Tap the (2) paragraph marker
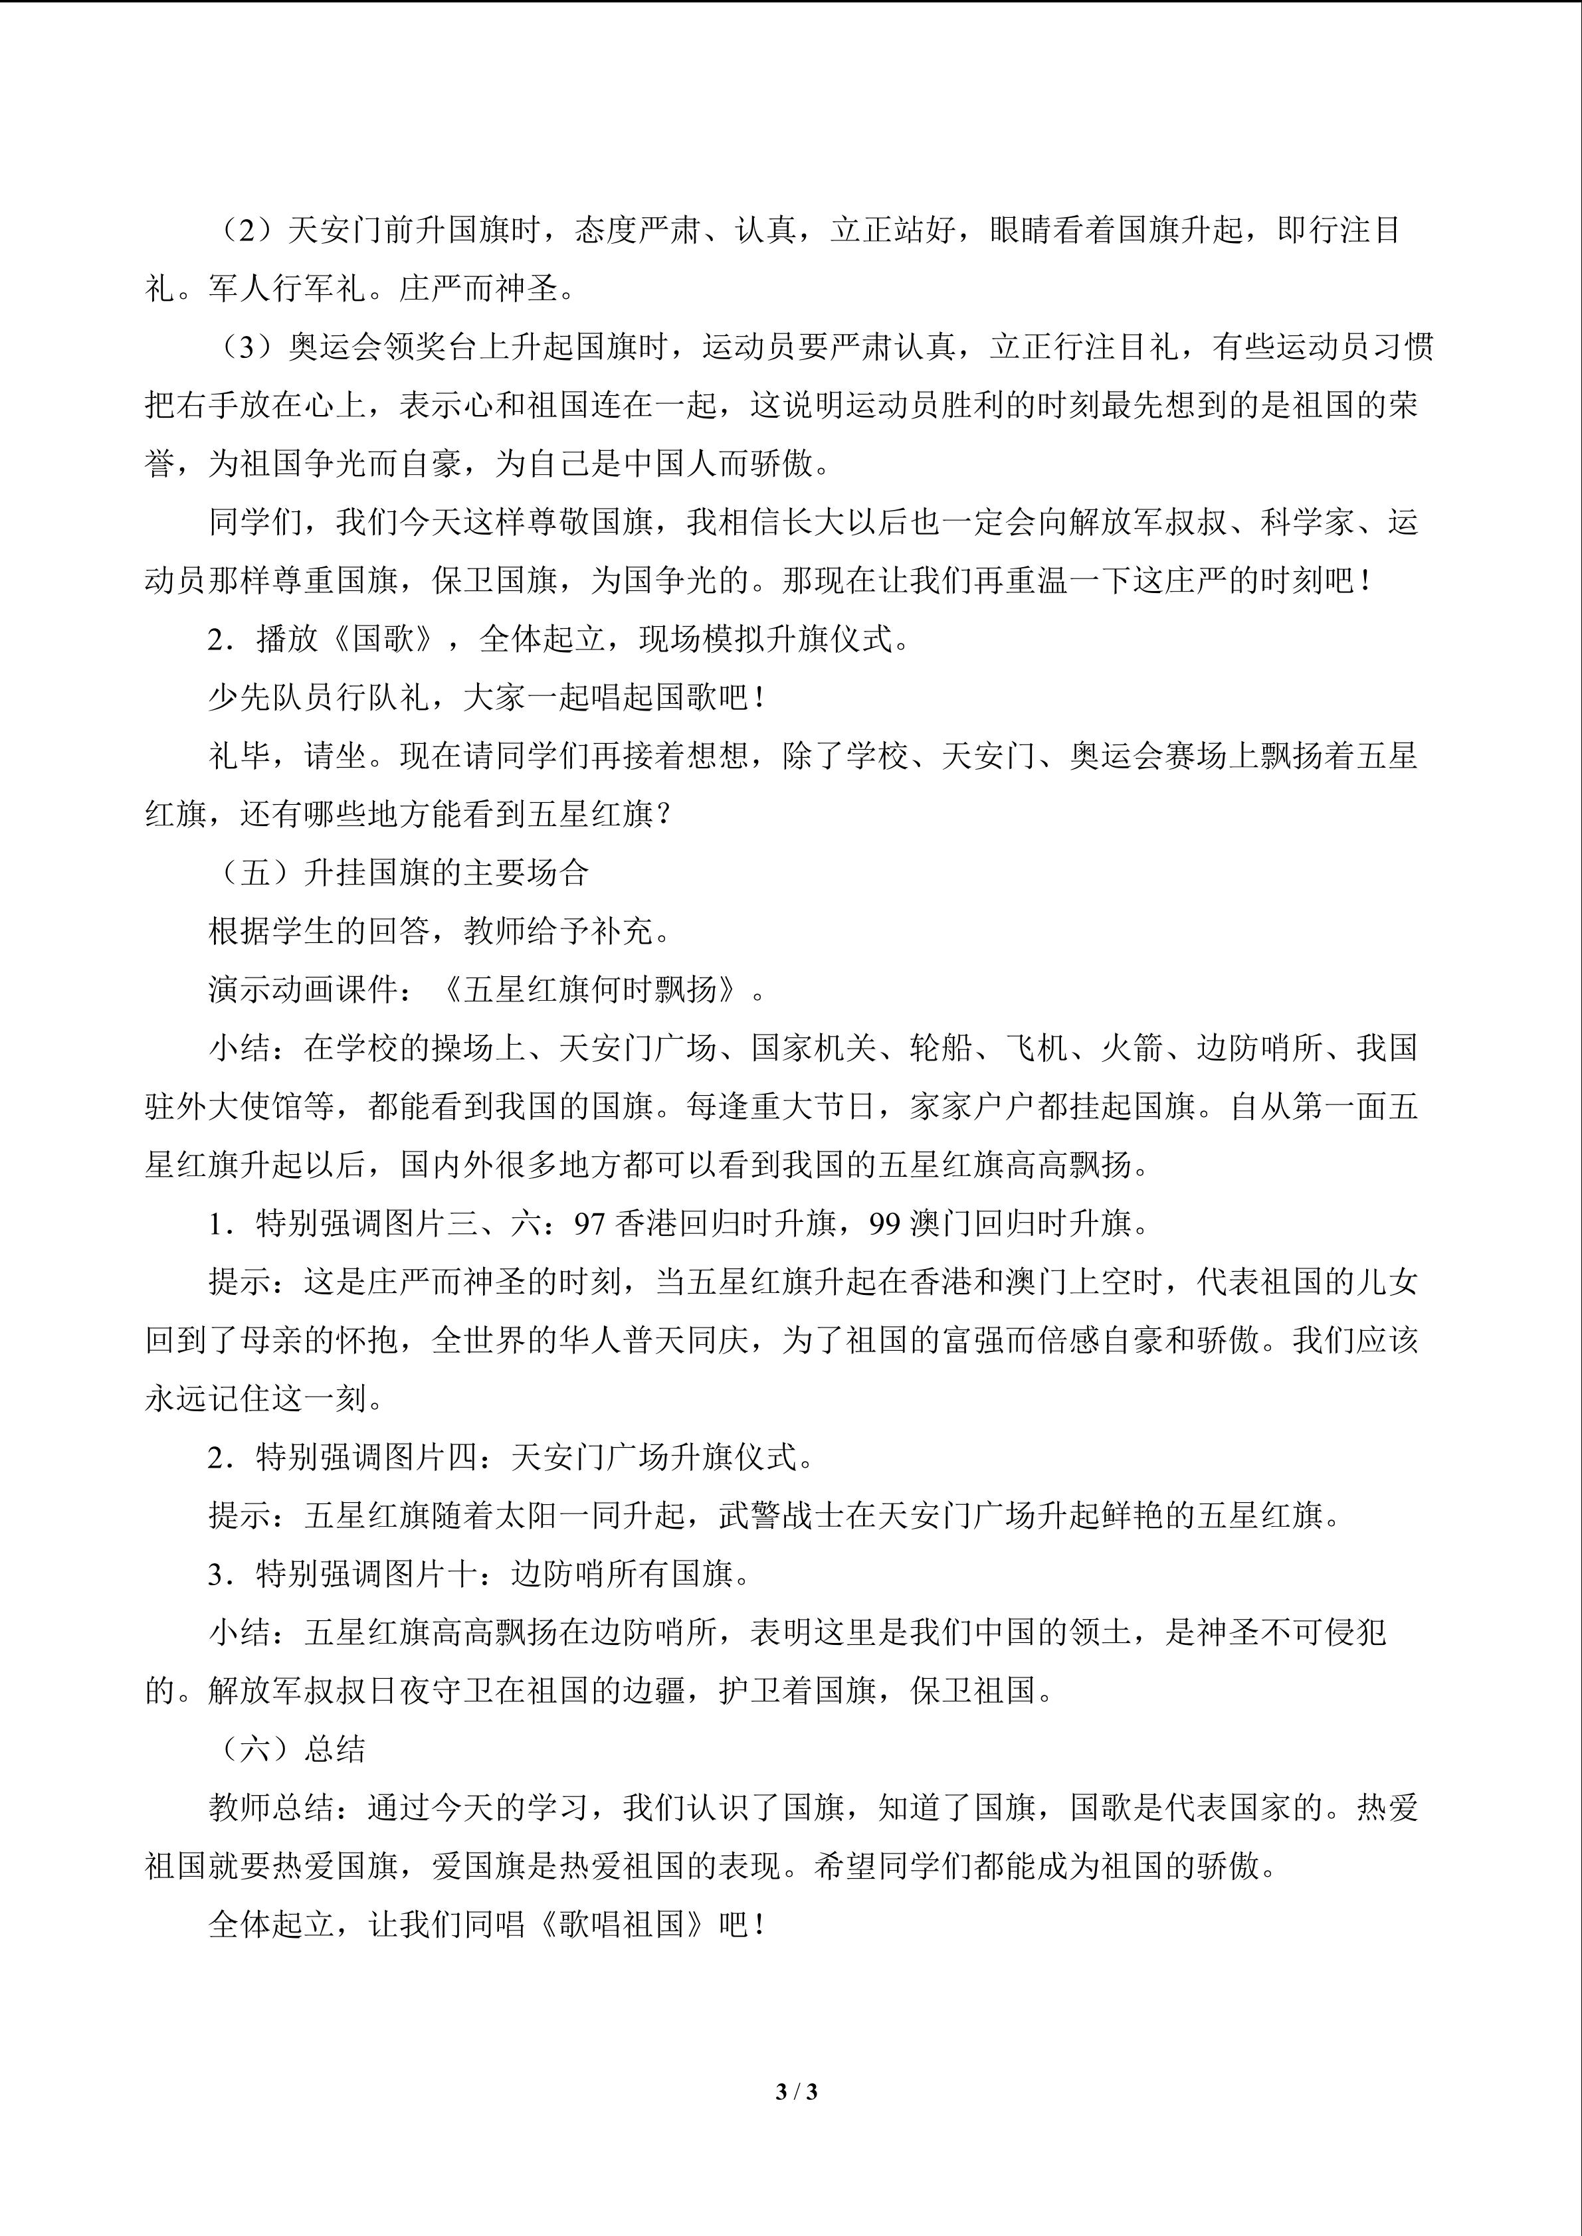(x=247, y=231)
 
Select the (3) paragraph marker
(x=247, y=348)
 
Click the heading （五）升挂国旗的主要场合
(x=399, y=873)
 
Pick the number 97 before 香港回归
(x=590, y=1224)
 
